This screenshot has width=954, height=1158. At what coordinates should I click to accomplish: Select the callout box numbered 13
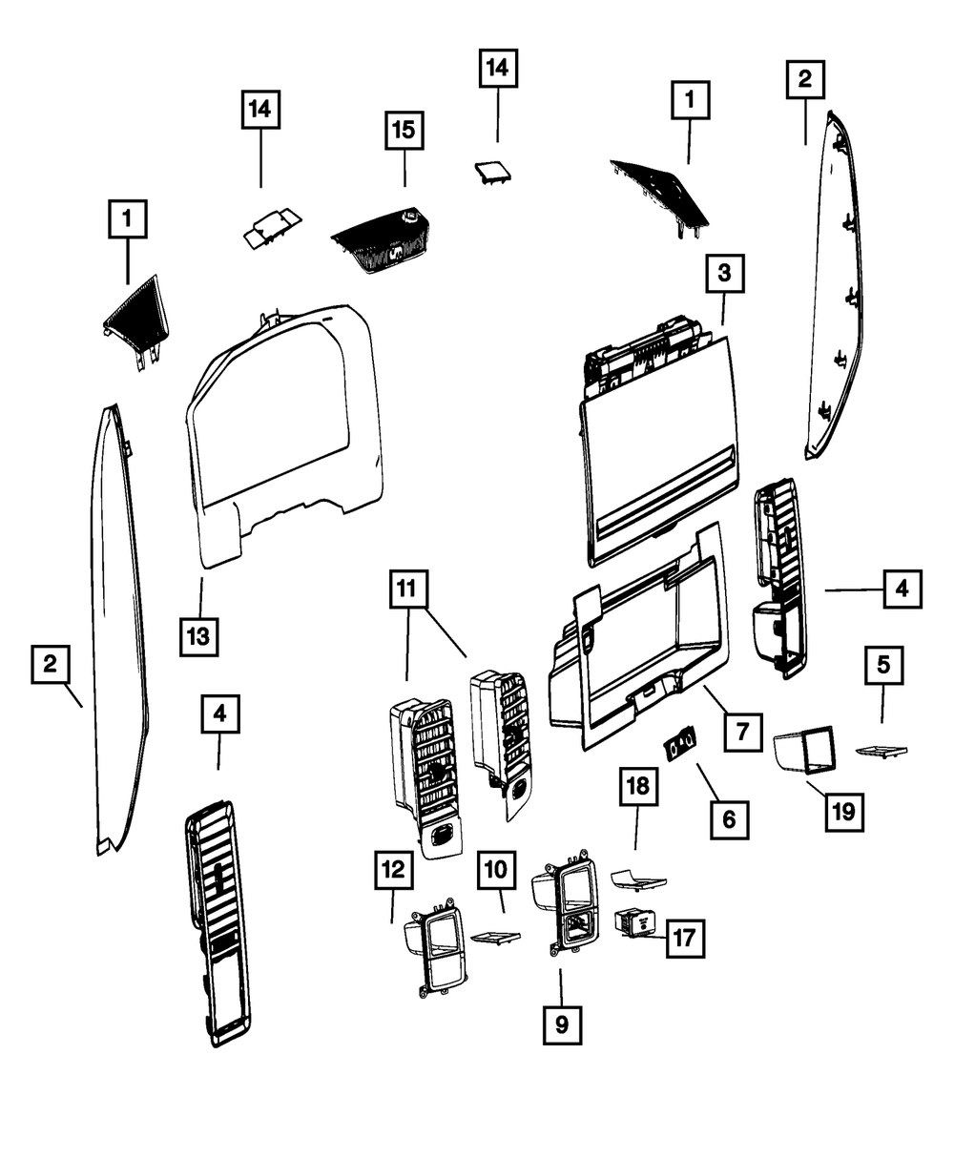click(x=202, y=635)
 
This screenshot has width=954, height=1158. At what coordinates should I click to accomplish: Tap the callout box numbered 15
click(x=405, y=131)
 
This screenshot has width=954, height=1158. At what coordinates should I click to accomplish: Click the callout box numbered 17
click(x=684, y=938)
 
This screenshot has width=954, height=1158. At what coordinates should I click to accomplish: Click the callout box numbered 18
click(x=637, y=787)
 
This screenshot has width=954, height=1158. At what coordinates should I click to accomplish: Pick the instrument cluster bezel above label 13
click(x=286, y=439)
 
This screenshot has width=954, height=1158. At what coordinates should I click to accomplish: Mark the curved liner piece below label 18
click(x=639, y=878)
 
